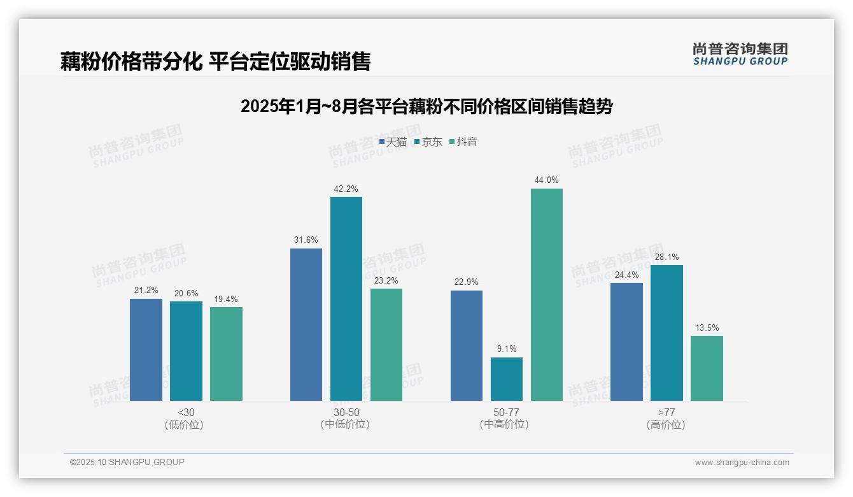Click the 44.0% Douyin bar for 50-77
547,294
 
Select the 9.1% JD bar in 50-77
507,379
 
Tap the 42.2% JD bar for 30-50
346,299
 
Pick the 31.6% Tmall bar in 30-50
306,324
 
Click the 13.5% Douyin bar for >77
707,368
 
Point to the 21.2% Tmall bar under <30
146,350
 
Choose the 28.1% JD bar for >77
666,333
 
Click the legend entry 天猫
393,142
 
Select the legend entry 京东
428,142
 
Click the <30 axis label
186,412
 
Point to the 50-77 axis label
506,412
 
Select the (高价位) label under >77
666,425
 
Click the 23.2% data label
386,280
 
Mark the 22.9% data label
467,282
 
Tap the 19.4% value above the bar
226,299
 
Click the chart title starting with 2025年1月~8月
427,106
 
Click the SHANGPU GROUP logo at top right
740,54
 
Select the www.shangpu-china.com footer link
742,463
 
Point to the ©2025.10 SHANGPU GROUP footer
127,462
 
